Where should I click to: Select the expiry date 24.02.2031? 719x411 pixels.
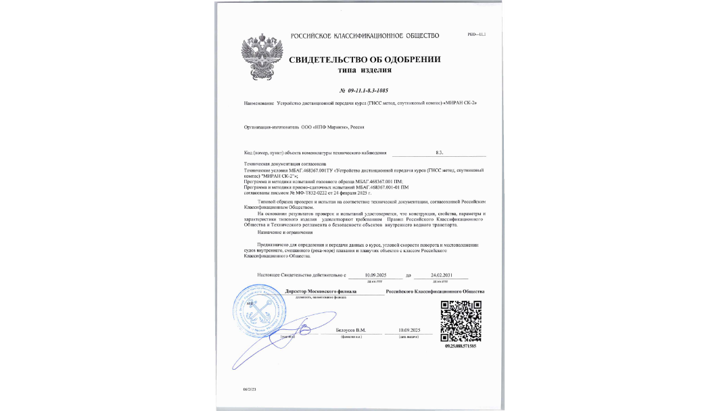[x=441, y=275]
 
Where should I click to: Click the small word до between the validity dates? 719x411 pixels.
[x=409, y=276]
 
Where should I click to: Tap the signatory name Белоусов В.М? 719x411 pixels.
[x=350, y=329]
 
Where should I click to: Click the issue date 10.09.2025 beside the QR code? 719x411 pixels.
[x=410, y=329]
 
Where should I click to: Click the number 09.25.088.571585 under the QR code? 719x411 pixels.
[x=461, y=346]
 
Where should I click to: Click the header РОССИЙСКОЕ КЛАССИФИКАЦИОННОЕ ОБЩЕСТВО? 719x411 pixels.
[x=365, y=35]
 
